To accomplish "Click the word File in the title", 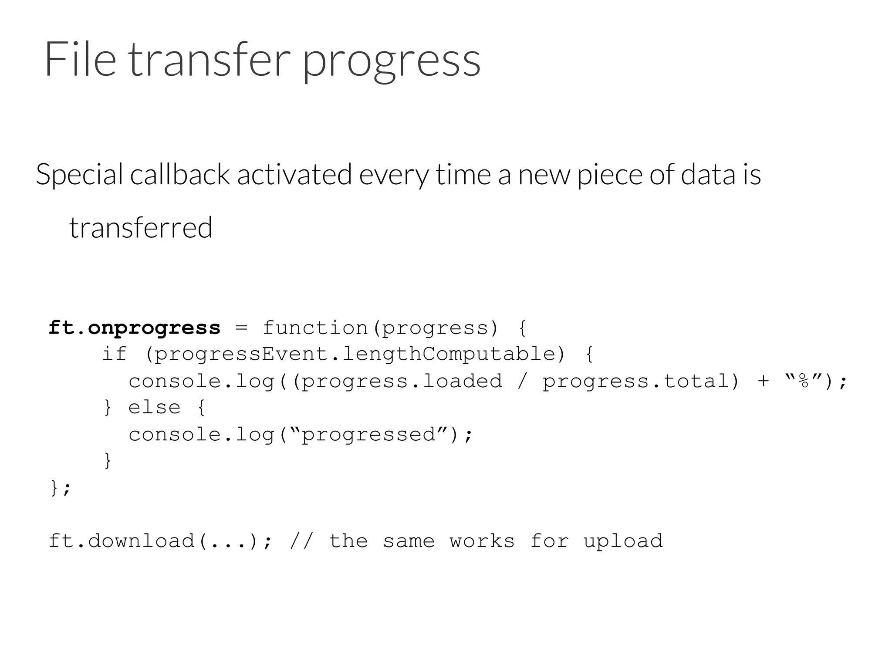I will pyautogui.click(x=80, y=59).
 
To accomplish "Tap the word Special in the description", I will pyautogui.click(x=79, y=174).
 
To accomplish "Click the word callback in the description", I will pyautogui.click(x=179, y=174).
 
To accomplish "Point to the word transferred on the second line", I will pyautogui.click(x=141, y=227).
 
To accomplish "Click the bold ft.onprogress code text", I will pyautogui.click(x=135, y=328).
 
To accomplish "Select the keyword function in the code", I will pyautogui.click(x=315, y=328).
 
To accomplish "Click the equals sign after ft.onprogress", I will pyautogui.click(x=241, y=328).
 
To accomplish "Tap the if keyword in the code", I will pyautogui.click(x=114, y=354).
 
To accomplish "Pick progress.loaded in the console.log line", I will pyautogui.click(x=401, y=381).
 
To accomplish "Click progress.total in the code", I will pyautogui.click(x=635, y=381).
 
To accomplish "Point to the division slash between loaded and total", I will pyautogui.click(x=522, y=381).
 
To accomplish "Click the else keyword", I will pyautogui.click(x=154, y=408).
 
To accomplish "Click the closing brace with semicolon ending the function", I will pyautogui.click(x=60, y=488).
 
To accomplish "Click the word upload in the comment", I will pyautogui.click(x=623, y=541).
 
